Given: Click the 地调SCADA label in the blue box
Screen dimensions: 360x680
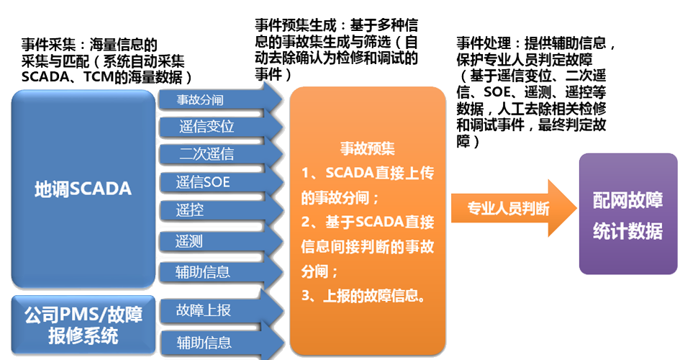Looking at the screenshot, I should pos(83,189).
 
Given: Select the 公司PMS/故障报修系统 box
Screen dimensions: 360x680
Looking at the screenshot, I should pos(83,325).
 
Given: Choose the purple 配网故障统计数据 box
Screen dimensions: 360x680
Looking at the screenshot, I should pos(628,214).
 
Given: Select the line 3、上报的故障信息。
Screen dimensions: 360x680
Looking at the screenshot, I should pos(366,296).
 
